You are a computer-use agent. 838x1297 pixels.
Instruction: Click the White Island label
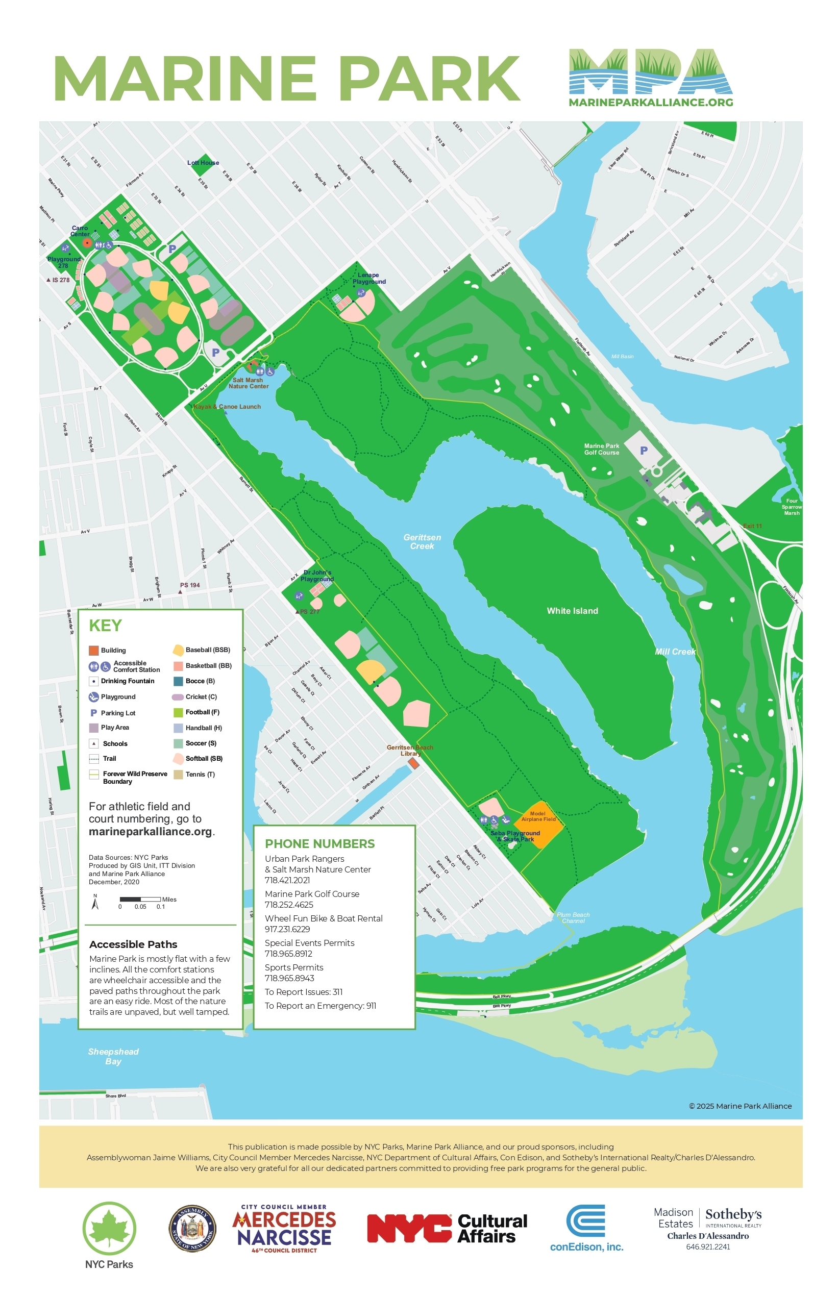pyautogui.click(x=572, y=611)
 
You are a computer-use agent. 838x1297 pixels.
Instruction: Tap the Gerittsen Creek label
pyautogui.click(x=422, y=541)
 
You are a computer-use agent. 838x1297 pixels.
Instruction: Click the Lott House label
pyautogui.click(x=203, y=163)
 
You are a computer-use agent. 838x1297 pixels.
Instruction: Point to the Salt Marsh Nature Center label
pyautogui.click(x=248, y=383)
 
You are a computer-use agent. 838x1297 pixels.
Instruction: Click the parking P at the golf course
pyautogui.click(x=644, y=451)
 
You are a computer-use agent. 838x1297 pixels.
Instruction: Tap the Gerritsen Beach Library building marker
pyautogui.click(x=413, y=763)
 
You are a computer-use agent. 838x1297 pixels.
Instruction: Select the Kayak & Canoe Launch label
pyautogui.click(x=228, y=407)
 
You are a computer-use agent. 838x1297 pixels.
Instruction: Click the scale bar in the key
pyautogui.click(x=140, y=899)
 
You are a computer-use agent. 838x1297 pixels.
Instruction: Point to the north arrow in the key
pyautogui.click(x=95, y=902)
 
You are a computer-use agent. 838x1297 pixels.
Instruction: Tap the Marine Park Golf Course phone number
pyautogui.click(x=289, y=905)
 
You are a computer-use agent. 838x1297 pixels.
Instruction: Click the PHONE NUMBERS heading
pyautogui.click(x=319, y=843)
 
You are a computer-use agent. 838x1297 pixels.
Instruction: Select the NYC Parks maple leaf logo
pyautogui.click(x=109, y=1229)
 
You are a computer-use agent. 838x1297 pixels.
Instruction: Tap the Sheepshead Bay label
pyautogui.click(x=113, y=1056)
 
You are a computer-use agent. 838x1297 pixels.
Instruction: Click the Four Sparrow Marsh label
pyautogui.click(x=791, y=507)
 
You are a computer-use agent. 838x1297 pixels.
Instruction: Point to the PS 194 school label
pyautogui.click(x=190, y=585)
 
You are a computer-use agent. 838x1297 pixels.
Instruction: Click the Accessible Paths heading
pyautogui.click(x=133, y=944)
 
